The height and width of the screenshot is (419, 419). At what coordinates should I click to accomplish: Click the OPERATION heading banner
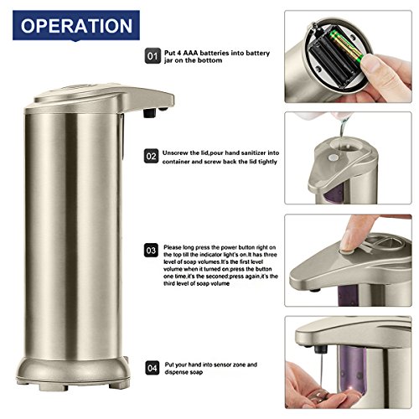(x=76, y=26)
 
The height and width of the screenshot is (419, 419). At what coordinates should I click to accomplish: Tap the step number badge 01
(x=153, y=56)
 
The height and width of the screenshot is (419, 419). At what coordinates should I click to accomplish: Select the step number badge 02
(x=151, y=156)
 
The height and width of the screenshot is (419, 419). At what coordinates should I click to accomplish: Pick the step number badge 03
(x=151, y=251)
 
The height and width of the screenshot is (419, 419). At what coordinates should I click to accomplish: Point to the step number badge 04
(x=153, y=368)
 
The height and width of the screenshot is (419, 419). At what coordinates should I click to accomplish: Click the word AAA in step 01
(x=190, y=53)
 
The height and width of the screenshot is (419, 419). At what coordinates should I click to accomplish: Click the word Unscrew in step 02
(x=174, y=153)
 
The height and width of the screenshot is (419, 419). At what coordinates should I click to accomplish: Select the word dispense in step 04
(x=175, y=372)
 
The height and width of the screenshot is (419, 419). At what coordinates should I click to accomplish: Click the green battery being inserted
(x=346, y=45)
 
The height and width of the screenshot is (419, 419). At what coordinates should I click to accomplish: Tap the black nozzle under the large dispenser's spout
(x=149, y=112)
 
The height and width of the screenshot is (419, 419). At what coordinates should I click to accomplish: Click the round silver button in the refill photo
(x=333, y=158)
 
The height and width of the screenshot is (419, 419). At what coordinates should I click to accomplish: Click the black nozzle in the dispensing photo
(x=321, y=349)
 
